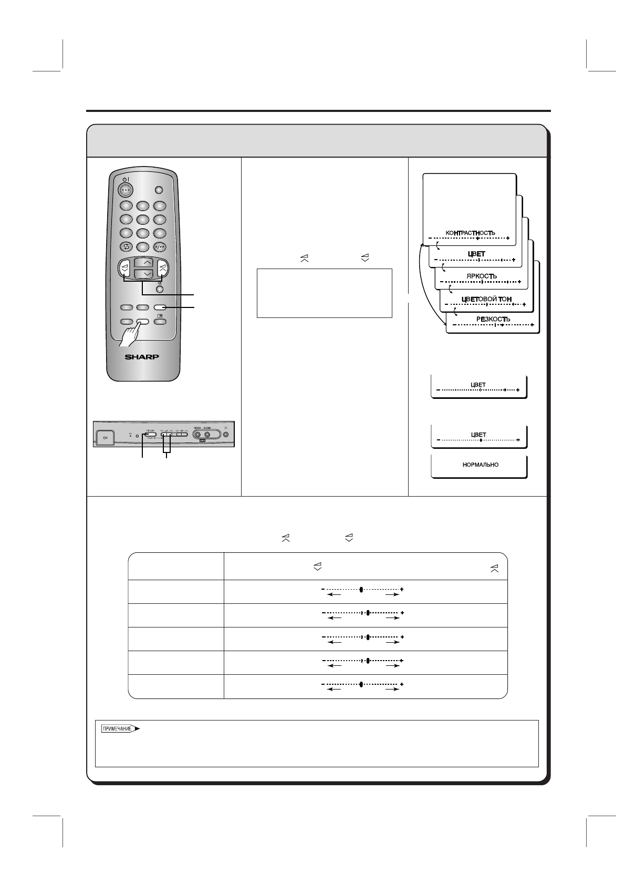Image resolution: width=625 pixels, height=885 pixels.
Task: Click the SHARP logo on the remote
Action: (x=142, y=357)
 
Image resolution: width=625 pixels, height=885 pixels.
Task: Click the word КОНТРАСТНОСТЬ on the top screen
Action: (x=470, y=232)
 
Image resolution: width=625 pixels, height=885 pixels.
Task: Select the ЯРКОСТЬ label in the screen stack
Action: (x=481, y=276)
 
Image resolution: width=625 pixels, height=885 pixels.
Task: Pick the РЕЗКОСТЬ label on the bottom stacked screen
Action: (x=493, y=319)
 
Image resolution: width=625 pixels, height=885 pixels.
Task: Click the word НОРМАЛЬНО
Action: (x=481, y=465)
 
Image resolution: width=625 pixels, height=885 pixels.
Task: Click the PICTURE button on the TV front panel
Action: (x=151, y=434)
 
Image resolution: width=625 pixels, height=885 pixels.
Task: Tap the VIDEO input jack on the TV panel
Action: (x=198, y=435)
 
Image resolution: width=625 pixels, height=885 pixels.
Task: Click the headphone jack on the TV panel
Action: (x=226, y=435)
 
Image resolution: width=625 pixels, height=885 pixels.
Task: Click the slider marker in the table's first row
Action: (x=361, y=589)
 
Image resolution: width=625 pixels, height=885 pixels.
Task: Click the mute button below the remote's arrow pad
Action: (x=160, y=289)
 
